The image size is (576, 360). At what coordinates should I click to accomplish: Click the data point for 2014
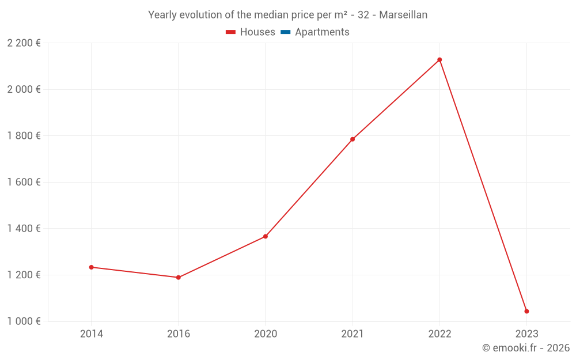click(91, 267)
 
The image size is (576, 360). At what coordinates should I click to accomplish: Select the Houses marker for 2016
click(179, 278)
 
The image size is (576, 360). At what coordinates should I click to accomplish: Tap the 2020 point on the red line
click(266, 236)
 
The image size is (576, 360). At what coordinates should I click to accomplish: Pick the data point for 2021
click(353, 139)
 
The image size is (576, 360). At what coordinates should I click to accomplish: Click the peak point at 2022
click(439, 60)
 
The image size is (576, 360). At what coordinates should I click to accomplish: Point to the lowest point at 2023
click(526, 312)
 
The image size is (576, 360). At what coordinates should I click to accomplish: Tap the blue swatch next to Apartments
click(286, 32)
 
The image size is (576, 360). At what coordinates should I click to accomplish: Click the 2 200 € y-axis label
click(24, 43)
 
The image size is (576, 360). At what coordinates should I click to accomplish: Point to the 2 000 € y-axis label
click(24, 89)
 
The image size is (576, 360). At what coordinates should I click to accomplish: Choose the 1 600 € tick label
click(24, 182)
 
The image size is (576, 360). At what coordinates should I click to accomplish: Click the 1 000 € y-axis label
click(24, 321)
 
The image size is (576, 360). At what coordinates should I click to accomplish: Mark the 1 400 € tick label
click(24, 229)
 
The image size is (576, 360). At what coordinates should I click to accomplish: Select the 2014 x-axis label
click(92, 334)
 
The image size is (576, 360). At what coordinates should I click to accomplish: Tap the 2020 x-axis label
click(266, 334)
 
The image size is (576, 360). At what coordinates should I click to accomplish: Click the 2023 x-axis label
click(526, 334)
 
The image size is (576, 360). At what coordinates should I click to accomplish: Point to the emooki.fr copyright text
click(526, 348)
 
